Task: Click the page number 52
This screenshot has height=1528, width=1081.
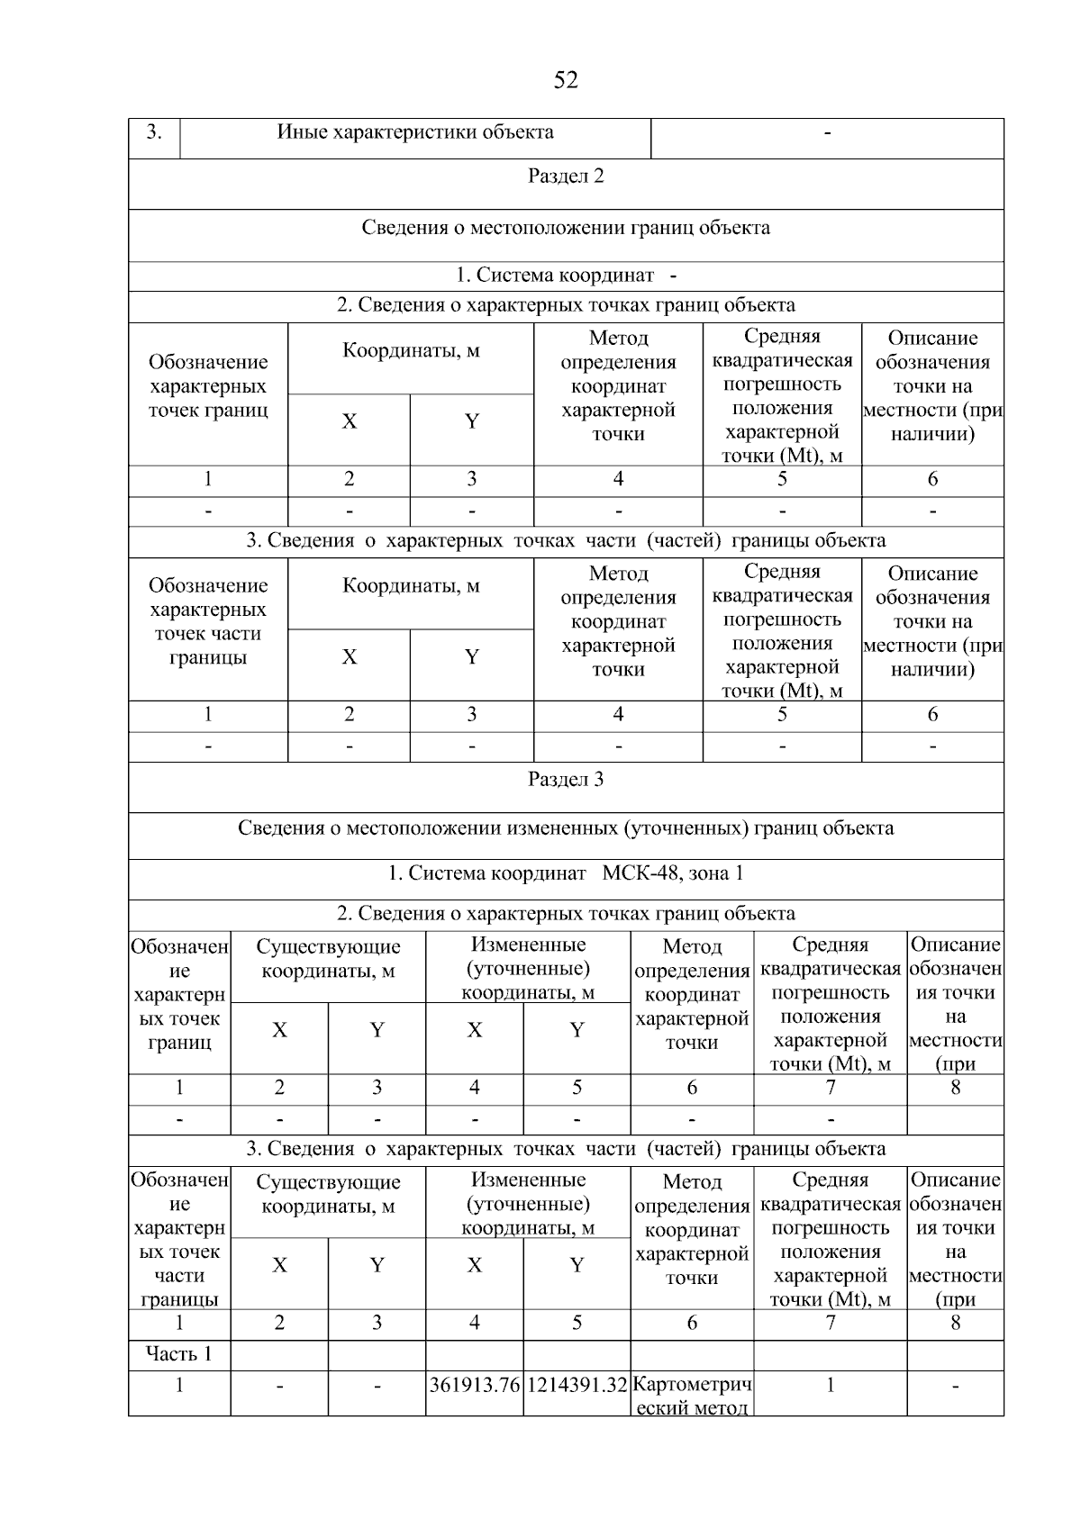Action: [x=565, y=81]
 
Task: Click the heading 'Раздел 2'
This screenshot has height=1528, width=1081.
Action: [x=566, y=176]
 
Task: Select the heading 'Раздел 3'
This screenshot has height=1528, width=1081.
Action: [x=566, y=780]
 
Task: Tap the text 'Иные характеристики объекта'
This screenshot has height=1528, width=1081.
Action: [x=415, y=132]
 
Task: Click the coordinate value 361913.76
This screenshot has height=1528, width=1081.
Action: [x=474, y=1385]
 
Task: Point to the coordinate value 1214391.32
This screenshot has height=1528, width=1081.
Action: [x=577, y=1385]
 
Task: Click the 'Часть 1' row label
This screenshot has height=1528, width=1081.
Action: [x=178, y=1354]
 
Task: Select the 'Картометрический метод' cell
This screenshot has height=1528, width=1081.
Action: [x=692, y=1395]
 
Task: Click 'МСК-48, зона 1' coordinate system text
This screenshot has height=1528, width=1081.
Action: [x=672, y=873]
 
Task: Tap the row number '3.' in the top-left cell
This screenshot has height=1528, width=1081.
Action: [x=154, y=132]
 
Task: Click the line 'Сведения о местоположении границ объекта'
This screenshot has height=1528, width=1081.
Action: [x=566, y=228]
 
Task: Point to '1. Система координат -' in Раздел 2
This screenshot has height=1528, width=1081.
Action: [x=566, y=276]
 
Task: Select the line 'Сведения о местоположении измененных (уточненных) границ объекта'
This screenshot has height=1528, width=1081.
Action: [x=566, y=828]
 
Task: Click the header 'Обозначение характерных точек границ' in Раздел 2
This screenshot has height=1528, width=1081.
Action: [x=208, y=386]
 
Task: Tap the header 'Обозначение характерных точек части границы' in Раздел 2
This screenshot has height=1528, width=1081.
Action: [x=208, y=621]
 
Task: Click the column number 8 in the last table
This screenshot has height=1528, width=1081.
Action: [x=955, y=1323]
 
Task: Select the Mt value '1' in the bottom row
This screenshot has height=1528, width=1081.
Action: [x=830, y=1385]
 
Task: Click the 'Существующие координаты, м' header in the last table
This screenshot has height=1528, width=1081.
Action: [x=328, y=1194]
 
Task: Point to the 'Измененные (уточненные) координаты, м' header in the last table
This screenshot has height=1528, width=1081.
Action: [x=528, y=1203]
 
